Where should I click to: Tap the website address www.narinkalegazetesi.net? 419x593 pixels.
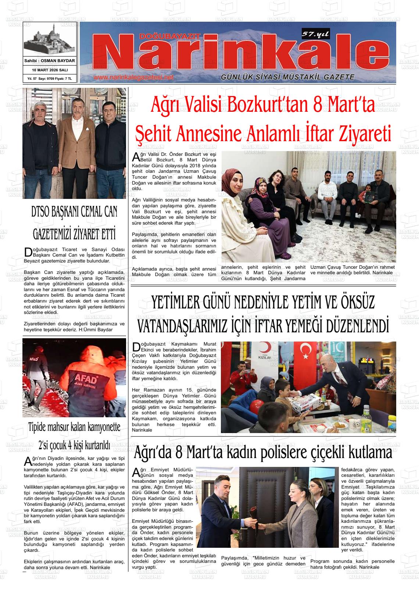[133, 78]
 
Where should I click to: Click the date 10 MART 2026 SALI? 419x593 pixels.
[50, 70]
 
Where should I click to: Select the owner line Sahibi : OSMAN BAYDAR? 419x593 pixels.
[50, 61]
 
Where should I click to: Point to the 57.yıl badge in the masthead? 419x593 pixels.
[315, 34]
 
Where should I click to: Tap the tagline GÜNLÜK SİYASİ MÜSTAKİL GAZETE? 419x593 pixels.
[287, 77]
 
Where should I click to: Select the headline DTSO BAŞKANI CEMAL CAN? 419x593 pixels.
[75, 212]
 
